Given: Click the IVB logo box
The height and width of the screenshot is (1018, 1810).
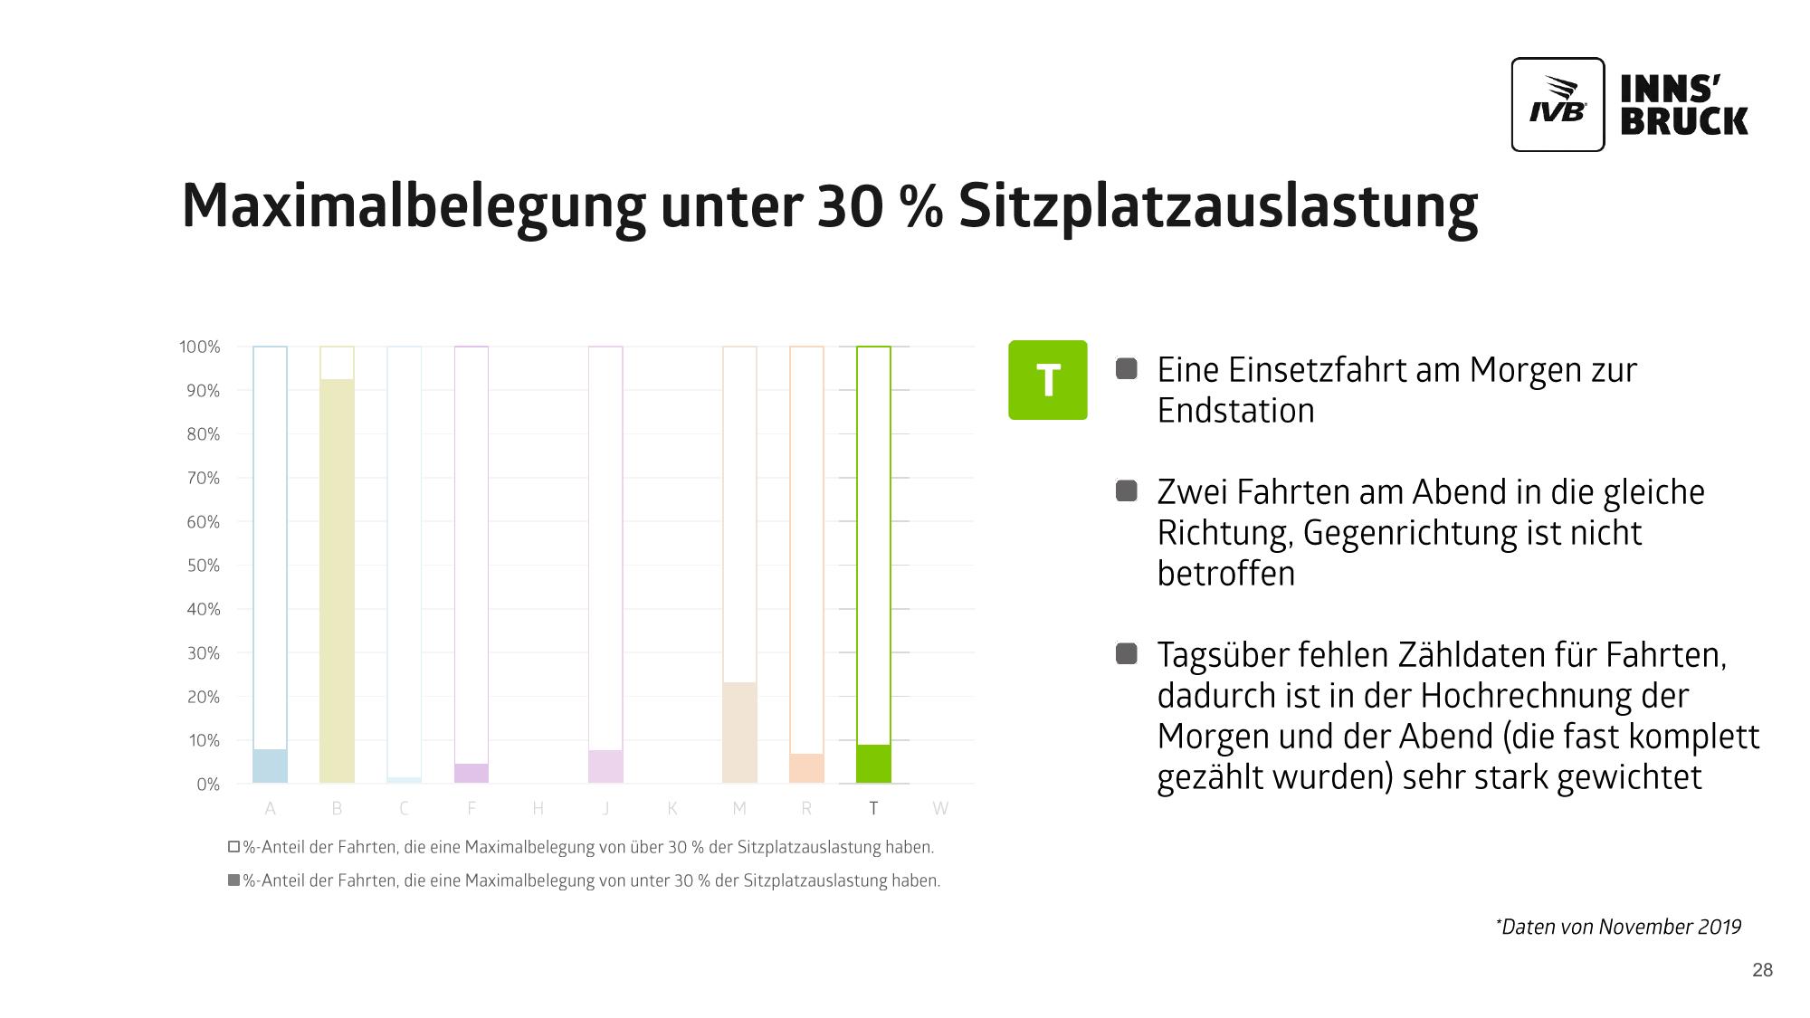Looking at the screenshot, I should [1557, 105].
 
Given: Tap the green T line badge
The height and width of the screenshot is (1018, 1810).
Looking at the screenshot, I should [1047, 380].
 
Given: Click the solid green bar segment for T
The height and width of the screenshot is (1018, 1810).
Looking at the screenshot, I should [873, 764].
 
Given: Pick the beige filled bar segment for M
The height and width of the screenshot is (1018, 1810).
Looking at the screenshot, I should [739, 733].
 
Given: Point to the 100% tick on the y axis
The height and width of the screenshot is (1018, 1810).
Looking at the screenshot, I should [199, 347].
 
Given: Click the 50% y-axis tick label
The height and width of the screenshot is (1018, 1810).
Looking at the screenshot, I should [203, 566].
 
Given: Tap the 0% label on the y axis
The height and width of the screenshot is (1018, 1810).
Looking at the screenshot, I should [207, 785].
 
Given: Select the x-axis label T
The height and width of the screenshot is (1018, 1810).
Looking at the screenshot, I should [873, 808].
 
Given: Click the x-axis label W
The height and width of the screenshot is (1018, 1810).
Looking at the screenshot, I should [940, 808].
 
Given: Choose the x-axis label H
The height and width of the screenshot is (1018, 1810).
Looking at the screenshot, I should [538, 808].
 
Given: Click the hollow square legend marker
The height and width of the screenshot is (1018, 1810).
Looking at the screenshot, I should [233, 847].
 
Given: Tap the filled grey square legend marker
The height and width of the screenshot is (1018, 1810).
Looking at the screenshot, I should [233, 880].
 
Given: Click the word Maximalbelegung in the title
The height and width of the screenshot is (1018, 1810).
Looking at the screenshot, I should [413, 206].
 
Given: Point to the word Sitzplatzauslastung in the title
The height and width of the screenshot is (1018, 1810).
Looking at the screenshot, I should [1217, 206].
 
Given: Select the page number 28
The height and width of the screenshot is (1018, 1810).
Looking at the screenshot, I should [1762, 970].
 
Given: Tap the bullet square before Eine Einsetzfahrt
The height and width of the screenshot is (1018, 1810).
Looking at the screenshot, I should [1126, 369].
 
